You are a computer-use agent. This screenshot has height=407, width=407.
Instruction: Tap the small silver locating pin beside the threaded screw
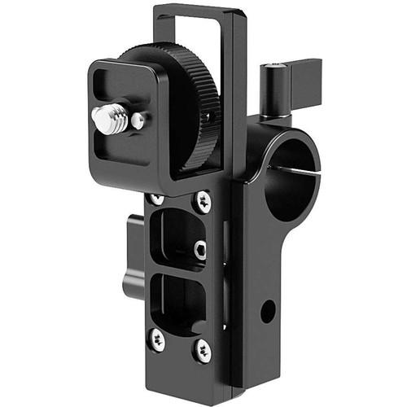click(x=139, y=121)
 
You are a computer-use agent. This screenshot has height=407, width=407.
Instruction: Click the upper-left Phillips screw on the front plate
click(x=155, y=199)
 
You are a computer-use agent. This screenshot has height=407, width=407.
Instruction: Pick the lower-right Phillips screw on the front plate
click(x=201, y=351)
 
